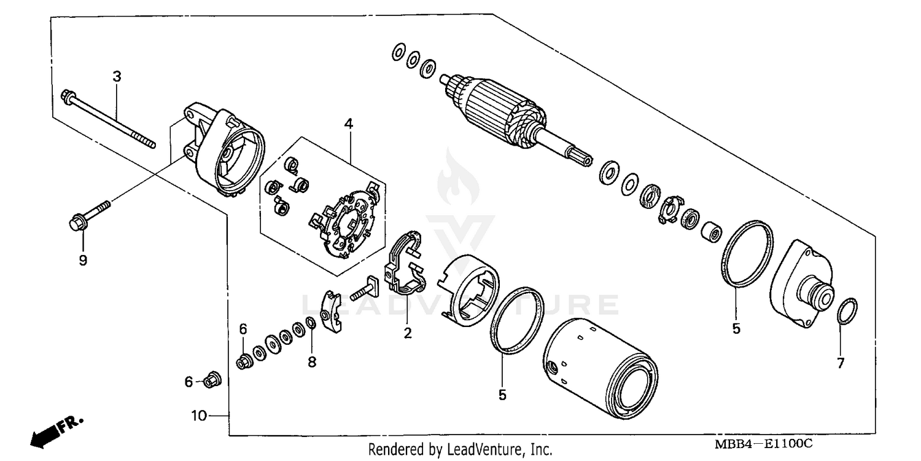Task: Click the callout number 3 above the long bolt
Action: point(117,77)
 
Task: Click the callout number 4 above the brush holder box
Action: point(348,124)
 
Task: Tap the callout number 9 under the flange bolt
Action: point(83,260)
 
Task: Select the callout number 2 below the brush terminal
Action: point(407,334)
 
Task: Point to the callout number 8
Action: point(312,363)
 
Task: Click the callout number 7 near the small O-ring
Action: point(841,363)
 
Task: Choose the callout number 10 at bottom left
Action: point(198,416)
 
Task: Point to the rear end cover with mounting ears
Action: point(224,151)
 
